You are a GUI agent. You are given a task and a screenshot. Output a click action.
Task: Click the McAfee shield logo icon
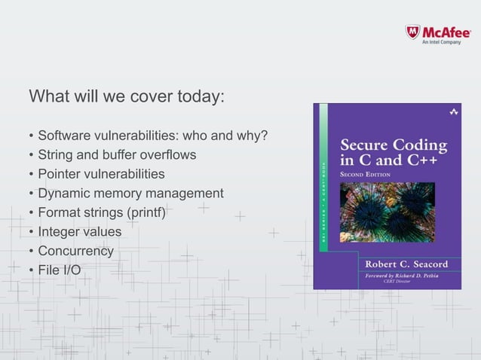point(412,32)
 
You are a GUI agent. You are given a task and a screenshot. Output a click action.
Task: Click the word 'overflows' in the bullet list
point(168,155)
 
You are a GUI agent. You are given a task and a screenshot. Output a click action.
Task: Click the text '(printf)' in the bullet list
point(145,212)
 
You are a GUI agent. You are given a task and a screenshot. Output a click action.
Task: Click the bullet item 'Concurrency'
point(75,251)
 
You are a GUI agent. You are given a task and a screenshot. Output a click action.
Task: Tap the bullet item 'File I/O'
point(60,270)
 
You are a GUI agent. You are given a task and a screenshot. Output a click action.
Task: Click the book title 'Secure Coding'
point(393,145)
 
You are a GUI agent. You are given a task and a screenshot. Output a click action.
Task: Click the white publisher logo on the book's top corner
point(453,111)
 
